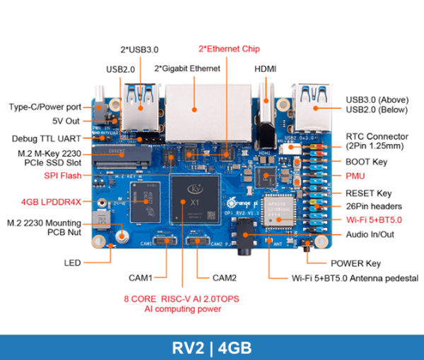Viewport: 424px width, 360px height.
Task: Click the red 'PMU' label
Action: pos(355,175)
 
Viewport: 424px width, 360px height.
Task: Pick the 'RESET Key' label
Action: pos(368,193)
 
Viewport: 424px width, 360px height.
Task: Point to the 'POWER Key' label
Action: pos(355,263)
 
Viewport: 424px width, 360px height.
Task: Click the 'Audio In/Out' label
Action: pos(370,234)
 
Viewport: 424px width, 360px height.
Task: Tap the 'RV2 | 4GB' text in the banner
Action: pos(211,347)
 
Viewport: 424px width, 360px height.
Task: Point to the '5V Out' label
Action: pos(67,121)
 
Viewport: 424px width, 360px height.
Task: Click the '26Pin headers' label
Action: pos(374,206)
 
